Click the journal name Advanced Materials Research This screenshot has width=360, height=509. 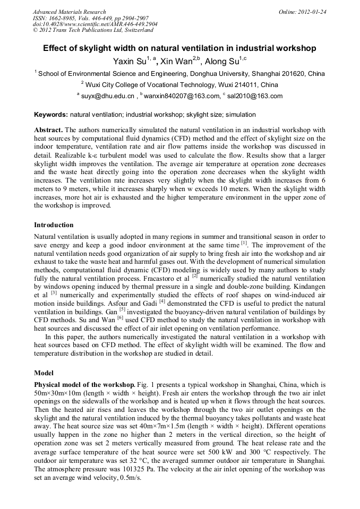click(x=69, y=12)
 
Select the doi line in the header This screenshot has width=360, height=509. click(x=95, y=24)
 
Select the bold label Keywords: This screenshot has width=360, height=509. click(x=51, y=115)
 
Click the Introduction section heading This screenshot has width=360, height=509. click(x=54, y=225)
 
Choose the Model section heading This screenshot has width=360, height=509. click(x=44, y=373)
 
